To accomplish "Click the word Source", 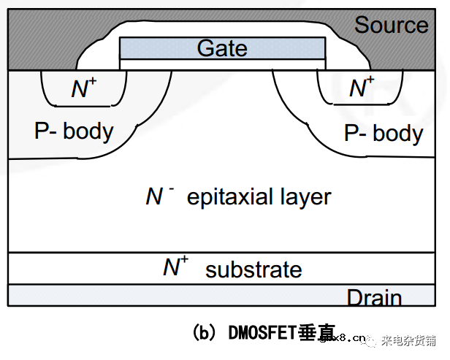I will pyautogui.click(x=391, y=25).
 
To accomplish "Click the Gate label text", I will pyautogui.click(x=222, y=49).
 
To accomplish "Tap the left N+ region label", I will pyautogui.click(x=83, y=89).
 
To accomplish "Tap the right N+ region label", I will pyautogui.click(x=361, y=88).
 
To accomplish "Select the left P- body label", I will pyautogui.click(x=74, y=131).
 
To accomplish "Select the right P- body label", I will pyautogui.click(x=383, y=134).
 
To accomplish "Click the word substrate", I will pyautogui.click(x=253, y=269).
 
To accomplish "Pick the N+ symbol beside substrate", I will pyautogui.click(x=175, y=267).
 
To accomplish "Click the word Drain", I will pyautogui.click(x=374, y=298).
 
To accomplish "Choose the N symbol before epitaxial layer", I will pyautogui.click(x=154, y=197).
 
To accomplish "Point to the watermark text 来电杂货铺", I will pyautogui.click(x=409, y=340).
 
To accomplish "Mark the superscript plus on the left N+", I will pyautogui.click(x=92, y=83).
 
